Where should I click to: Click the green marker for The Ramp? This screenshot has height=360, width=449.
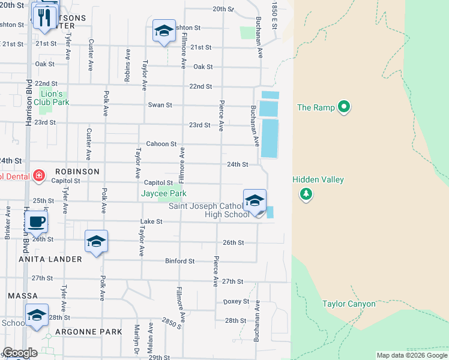point(343,107)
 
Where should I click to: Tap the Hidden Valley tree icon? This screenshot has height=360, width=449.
point(306,193)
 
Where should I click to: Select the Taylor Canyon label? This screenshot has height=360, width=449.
point(349,304)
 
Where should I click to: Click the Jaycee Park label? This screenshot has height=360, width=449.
point(163,193)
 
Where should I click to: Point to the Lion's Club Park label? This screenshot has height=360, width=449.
point(55,97)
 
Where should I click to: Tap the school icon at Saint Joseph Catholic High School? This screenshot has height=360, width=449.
point(255,201)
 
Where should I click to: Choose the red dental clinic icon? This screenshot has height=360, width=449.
point(39,176)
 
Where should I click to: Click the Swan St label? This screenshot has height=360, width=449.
point(160,105)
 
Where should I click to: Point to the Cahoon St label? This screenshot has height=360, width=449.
point(162,144)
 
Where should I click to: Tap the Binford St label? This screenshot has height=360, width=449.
point(180,261)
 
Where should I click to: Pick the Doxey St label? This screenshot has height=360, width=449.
point(236,301)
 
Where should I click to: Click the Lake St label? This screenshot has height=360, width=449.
point(151,221)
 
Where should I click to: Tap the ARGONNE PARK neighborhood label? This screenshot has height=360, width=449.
point(89,331)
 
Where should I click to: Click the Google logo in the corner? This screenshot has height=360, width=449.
point(19,353)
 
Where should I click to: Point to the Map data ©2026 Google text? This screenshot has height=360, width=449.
point(411,355)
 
